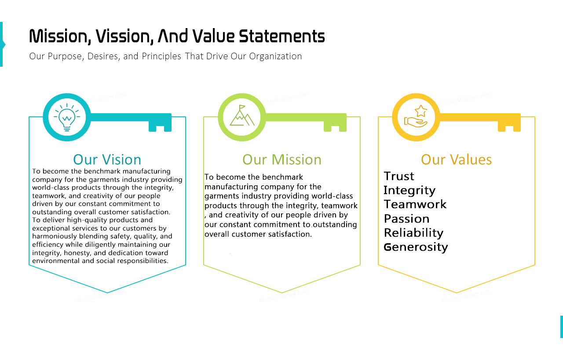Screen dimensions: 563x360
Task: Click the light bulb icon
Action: tap(67, 117)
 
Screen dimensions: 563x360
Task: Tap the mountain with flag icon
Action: tap(242, 115)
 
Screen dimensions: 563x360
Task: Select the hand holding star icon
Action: tap(416, 116)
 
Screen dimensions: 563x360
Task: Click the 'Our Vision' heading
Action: tap(107, 159)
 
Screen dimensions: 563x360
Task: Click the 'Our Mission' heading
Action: tap(282, 159)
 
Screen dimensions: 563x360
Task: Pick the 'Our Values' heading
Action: tap(456, 159)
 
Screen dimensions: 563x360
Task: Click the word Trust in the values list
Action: tap(398, 176)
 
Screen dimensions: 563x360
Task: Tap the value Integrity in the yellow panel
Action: tap(409, 191)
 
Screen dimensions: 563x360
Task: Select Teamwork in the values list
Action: tap(415, 204)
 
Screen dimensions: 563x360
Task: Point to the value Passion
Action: tap(406, 219)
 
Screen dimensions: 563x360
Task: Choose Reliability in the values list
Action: tap(413, 233)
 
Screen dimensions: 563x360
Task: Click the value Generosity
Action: tap(416, 248)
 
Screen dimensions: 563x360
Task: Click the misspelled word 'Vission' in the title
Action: tap(124, 36)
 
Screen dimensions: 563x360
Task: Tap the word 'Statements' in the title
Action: tap(281, 36)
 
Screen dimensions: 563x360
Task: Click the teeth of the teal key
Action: tap(160, 126)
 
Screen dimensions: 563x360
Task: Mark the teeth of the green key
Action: tap(335, 126)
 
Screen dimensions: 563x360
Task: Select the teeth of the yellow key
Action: tap(509, 126)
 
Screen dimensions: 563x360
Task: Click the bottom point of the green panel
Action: tap(282, 292)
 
